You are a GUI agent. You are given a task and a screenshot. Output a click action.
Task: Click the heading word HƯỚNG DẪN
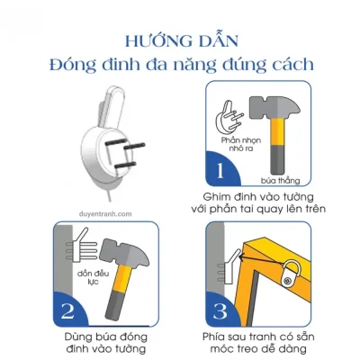(180, 40)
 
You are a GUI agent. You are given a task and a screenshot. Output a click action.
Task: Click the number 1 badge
(220, 169)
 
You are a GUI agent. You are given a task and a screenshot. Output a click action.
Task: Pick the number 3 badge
(220, 311)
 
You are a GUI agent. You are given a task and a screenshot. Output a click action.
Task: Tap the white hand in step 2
(69, 247)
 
